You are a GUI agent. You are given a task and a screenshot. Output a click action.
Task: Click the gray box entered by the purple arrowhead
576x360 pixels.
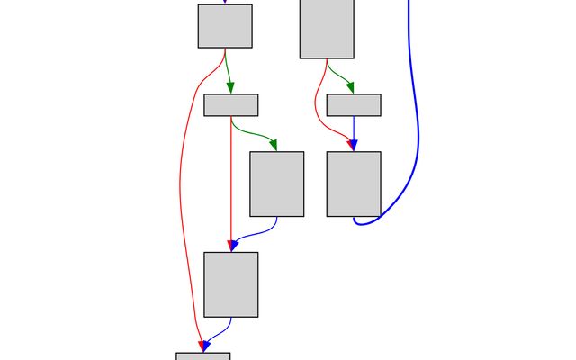click(x=225, y=26)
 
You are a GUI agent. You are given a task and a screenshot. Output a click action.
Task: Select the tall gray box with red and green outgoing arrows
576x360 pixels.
click(x=327, y=29)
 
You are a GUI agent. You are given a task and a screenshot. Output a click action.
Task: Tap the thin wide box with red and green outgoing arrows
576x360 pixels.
click(x=231, y=105)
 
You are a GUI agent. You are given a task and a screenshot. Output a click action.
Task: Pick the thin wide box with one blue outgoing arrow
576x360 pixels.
click(x=354, y=105)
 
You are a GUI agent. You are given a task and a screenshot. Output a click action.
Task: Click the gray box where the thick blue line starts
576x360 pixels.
click(x=354, y=184)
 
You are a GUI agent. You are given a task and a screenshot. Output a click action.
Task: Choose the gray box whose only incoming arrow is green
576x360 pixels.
click(x=277, y=184)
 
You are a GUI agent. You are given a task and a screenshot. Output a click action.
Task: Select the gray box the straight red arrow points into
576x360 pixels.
click(x=231, y=284)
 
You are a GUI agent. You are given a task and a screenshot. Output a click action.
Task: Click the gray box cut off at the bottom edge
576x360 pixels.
click(x=203, y=356)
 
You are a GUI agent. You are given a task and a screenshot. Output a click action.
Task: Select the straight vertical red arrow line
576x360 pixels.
click(x=231, y=180)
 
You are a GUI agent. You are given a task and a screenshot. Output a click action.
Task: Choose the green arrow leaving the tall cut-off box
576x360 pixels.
click(x=338, y=74)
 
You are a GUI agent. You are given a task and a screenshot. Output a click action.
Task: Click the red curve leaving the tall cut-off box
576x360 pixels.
click(x=317, y=99)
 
